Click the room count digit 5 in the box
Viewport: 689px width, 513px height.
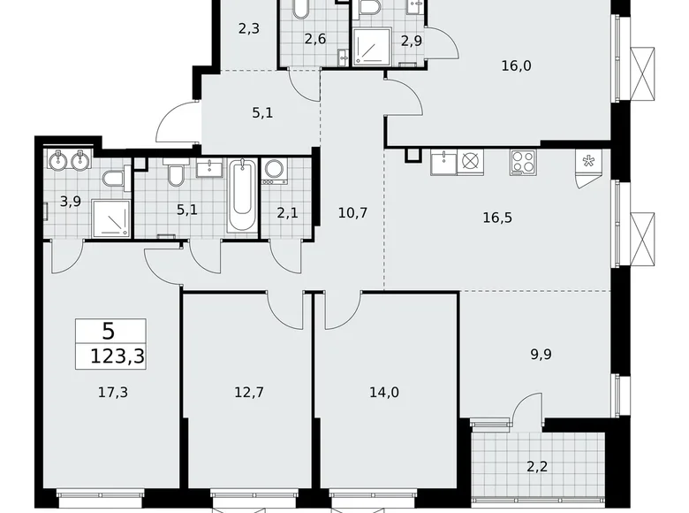[x=108, y=332]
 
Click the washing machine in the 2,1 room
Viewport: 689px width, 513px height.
[x=275, y=171]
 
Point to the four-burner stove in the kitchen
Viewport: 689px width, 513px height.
[x=521, y=163]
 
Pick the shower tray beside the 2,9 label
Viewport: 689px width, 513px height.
[x=371, y=47]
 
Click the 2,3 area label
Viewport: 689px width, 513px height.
[x=248, y=28]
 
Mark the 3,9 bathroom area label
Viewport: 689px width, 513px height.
[x=71, y=201]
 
